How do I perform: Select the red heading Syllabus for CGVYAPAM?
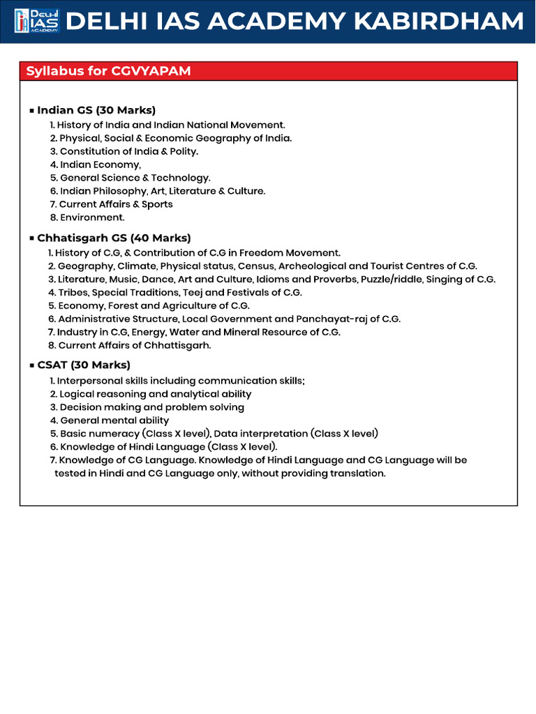tap(108, 71)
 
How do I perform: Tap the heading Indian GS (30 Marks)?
tap(96, 110)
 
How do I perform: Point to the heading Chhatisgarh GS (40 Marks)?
tap(114, 238)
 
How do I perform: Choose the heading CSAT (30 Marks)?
tap(84, 365)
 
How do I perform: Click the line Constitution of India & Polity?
tap(129, 151)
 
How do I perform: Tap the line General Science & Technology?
tap(135, 178)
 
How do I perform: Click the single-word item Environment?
tap(92, 218)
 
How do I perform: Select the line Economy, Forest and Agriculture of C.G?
tap(154, 305)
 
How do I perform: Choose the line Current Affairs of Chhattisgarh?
tap(134, 345)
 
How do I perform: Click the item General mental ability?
tap(114, 420)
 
